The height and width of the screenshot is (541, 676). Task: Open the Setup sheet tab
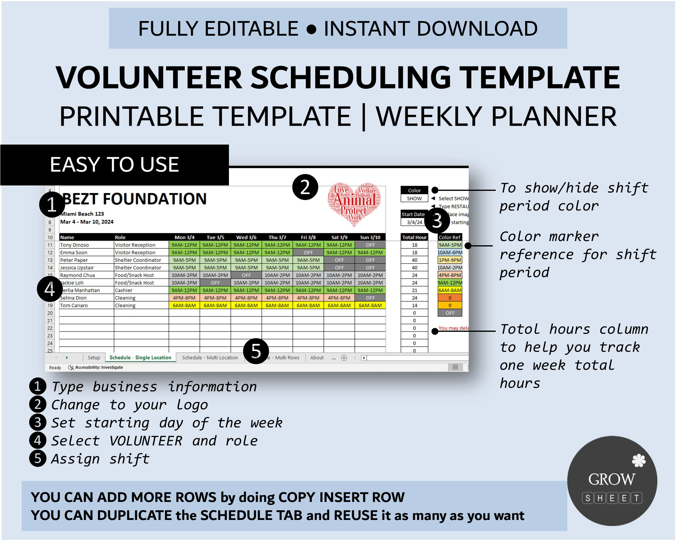pos(94,358)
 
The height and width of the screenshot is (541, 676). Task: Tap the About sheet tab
pos(317,358)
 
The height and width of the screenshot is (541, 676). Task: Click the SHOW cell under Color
pos(414,199)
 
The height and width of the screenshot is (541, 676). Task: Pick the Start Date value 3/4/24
pos(414,222)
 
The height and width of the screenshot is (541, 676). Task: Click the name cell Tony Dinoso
pos(75,245)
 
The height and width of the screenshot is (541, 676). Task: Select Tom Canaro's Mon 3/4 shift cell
pos(184,305)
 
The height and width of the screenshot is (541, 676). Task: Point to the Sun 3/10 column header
pos(370,237)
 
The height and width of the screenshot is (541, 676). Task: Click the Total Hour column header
pos(414,237)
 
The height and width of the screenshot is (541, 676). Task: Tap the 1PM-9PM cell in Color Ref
pos(450,260)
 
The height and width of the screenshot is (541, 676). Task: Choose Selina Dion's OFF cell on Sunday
pos(370,298)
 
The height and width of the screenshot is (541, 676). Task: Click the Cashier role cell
pos(124,290)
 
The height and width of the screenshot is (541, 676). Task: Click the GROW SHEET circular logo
pos(612,481)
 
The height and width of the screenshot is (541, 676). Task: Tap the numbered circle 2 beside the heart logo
pos(305,187)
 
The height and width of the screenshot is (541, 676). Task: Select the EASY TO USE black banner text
pos(114,165)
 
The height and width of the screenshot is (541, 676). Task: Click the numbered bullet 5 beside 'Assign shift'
pos(38,459)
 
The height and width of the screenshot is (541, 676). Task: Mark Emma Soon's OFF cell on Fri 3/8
pos(308,252)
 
